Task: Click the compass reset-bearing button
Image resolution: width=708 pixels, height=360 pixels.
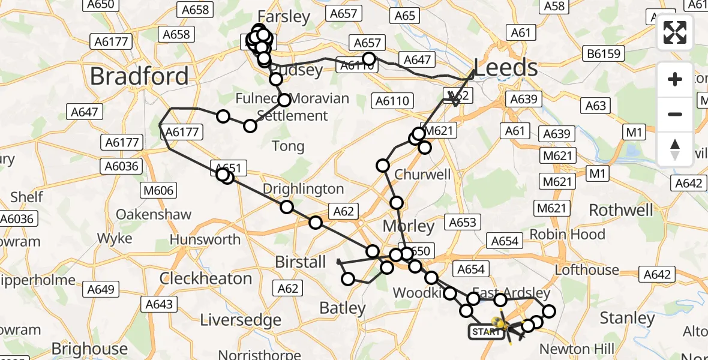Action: (x=675, y=149)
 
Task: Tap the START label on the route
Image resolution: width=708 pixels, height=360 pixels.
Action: (x=486, y=331)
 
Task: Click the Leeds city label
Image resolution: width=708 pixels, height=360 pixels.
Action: (x=506, y=67)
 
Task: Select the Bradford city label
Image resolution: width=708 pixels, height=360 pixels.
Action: (x=139, y=76)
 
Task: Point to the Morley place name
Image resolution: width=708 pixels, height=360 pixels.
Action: (x=409, y=226)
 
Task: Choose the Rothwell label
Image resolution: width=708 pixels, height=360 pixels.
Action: (x=621, y=210)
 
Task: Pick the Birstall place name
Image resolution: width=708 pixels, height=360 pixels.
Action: (x=300, y=262)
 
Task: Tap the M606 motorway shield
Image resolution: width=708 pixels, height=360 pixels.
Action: (x=158, y=191)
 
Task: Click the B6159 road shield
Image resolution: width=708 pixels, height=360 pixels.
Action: (x=604, y=55)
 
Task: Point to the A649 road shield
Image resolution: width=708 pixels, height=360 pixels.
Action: (x=101, y=290)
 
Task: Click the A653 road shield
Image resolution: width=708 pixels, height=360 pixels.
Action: (x=463, y=223)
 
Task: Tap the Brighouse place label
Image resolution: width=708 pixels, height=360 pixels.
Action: (x=90, y=349)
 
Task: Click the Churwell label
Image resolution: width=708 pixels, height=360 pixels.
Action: (x=422, y=175)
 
